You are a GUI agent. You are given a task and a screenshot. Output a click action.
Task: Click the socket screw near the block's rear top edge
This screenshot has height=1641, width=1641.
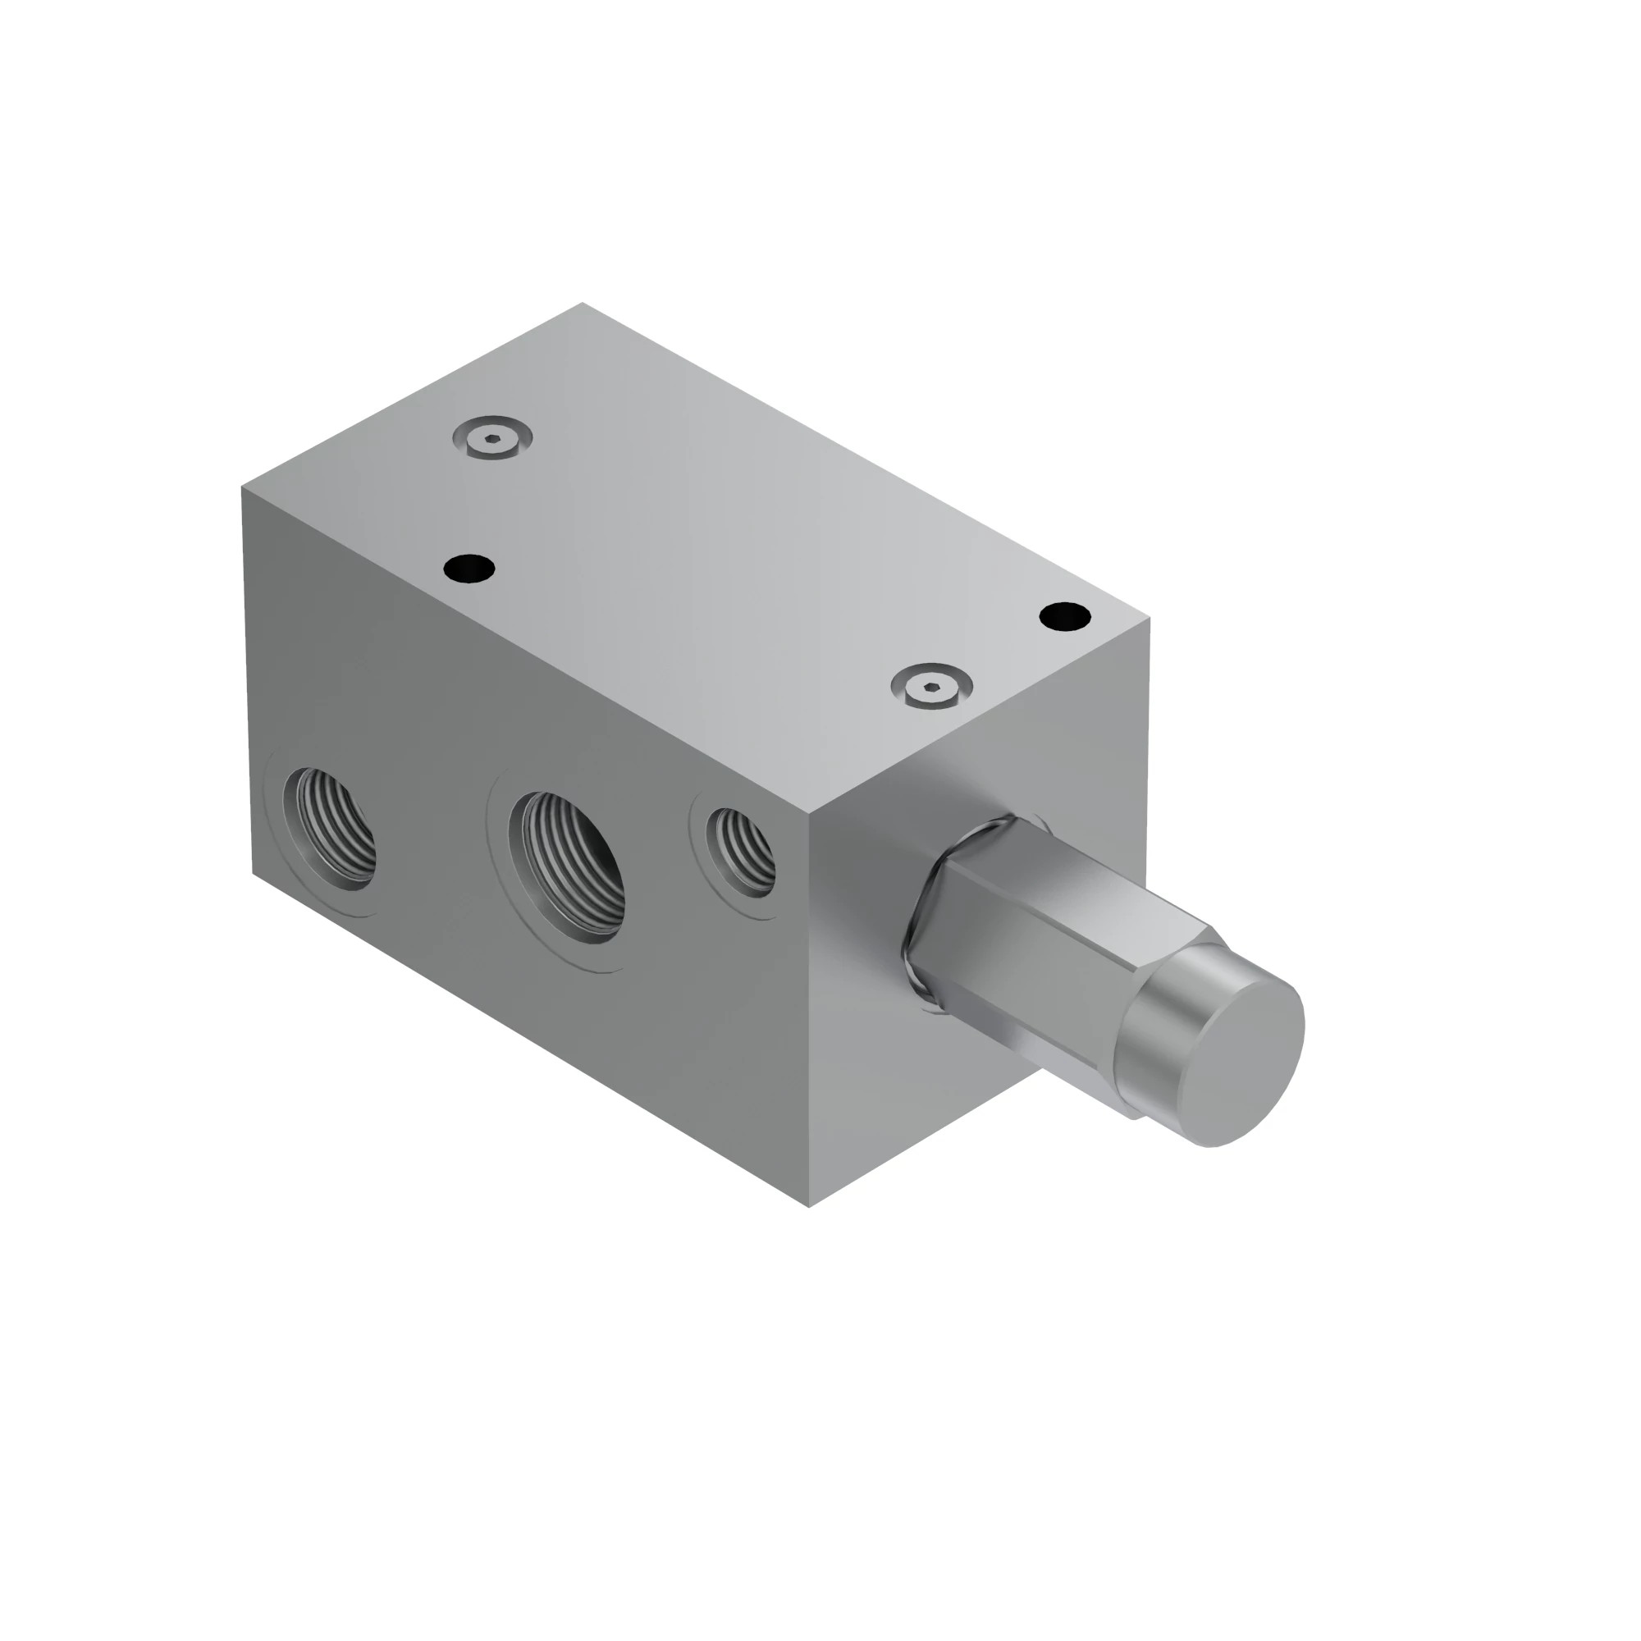(x=492, y=439)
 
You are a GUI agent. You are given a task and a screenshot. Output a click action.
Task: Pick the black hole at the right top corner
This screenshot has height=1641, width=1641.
(x=1064, y=616)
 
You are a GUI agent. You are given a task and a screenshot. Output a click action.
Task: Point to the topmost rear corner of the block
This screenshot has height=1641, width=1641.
(x=583, y=304)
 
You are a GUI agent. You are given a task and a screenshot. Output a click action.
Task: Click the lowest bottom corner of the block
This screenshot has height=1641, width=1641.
(x=809, y=1207)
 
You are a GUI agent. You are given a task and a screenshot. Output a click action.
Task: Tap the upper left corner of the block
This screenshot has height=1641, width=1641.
(x=243, y=487)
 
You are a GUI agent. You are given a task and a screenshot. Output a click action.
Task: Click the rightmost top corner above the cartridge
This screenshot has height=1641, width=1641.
(x=1150, y=619)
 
